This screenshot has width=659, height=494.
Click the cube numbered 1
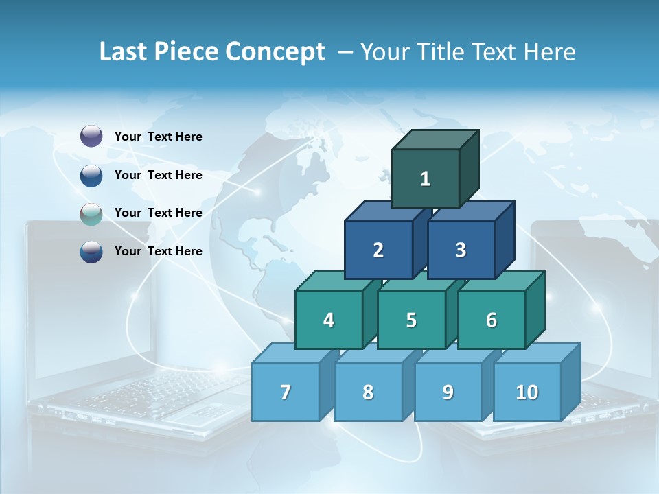pos(425,178)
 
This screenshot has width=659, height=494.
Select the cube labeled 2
pos(378,250)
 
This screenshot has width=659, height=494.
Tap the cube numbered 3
pos(461,250)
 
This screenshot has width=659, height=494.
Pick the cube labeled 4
pos(329,320)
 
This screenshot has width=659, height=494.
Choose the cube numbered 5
pos(411,320)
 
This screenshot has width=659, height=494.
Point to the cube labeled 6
pos(492,320)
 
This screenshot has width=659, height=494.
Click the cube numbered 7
pos(286,392)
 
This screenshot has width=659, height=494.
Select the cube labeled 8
pos(368,392)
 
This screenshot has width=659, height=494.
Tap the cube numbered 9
pos(448,392)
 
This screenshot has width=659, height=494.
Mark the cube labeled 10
pos(527,392)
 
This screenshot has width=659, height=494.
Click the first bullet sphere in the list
pos(91,137)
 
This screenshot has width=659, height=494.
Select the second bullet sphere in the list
pos(91,176)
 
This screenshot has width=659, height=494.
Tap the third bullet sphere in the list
pos(91,213)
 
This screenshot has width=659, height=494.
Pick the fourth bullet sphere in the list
pos(91,252)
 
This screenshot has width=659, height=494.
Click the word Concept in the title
pos(275,52)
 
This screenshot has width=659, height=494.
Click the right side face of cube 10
pos(570,381)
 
